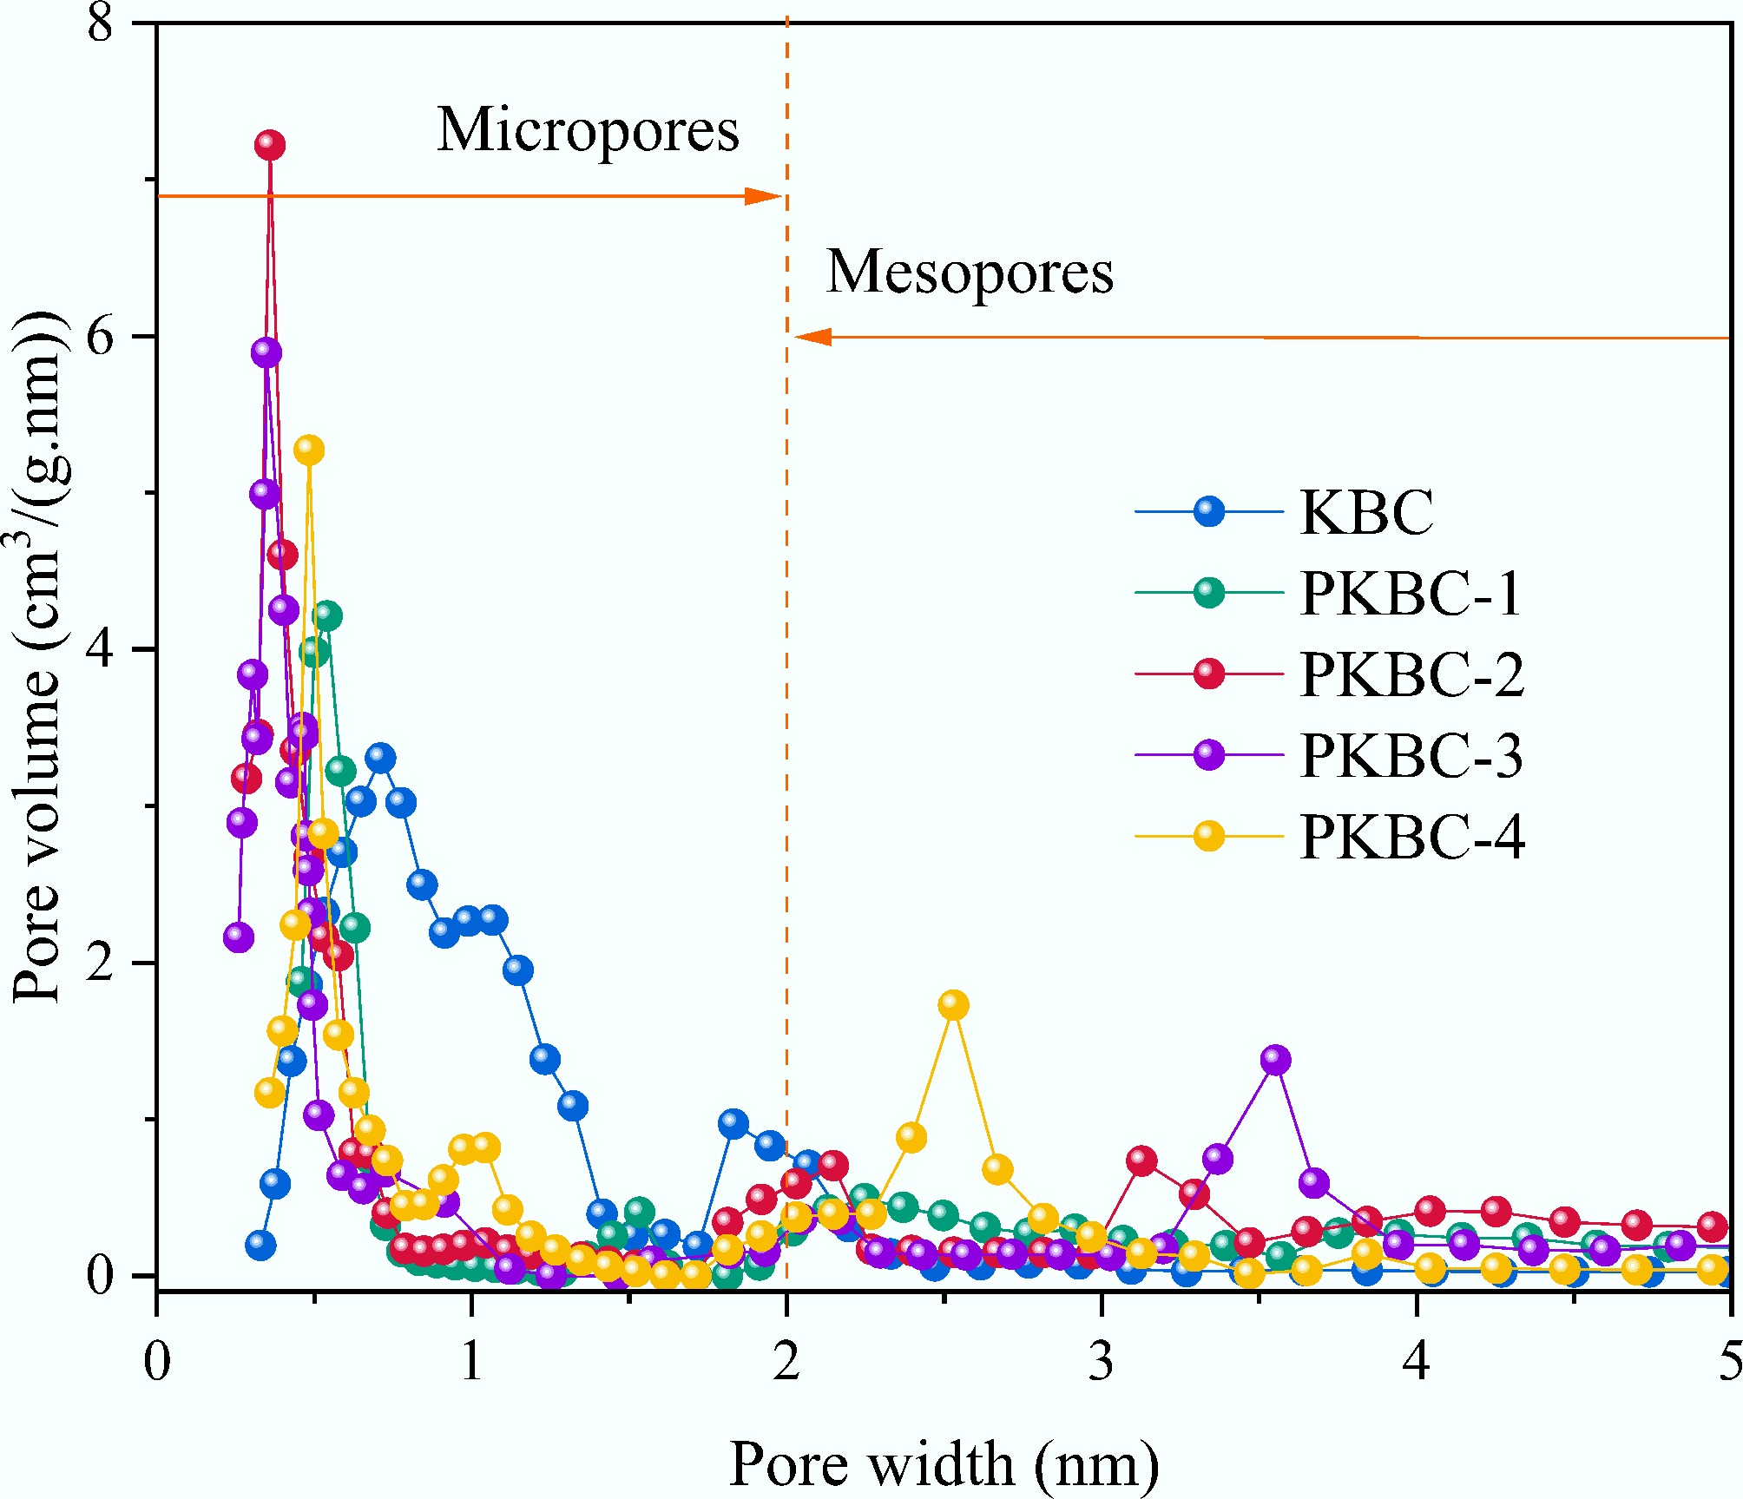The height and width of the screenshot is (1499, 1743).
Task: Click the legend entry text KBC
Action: coord(1366,512)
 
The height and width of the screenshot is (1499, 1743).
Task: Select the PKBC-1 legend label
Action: coord(1411,594)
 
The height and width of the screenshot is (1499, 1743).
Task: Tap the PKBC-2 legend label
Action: coord(1411,674)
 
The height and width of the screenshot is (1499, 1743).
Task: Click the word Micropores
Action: coord(588,130)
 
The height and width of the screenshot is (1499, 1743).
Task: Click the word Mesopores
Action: coord(970,272)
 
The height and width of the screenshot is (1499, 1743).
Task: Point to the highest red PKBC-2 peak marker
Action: coord(270,145)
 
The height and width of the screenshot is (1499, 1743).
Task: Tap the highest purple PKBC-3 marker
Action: coord(266,352)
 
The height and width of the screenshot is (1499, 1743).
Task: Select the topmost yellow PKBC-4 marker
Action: coord(309,450)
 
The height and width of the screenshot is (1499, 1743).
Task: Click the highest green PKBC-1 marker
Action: coord(326,616)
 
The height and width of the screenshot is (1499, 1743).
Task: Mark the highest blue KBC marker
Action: coord(380,758)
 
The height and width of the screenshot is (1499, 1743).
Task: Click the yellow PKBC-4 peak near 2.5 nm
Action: coord(953,1005)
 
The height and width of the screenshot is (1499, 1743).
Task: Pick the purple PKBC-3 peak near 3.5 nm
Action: coord(1275,1060)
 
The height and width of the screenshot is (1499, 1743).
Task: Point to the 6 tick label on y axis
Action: coord(101,337)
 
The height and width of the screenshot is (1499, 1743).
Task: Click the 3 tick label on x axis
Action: coord(1102,1361)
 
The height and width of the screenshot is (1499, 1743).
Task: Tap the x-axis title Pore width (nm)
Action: coord(944,1464)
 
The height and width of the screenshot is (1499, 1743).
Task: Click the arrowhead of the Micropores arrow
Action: coord(767,196)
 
